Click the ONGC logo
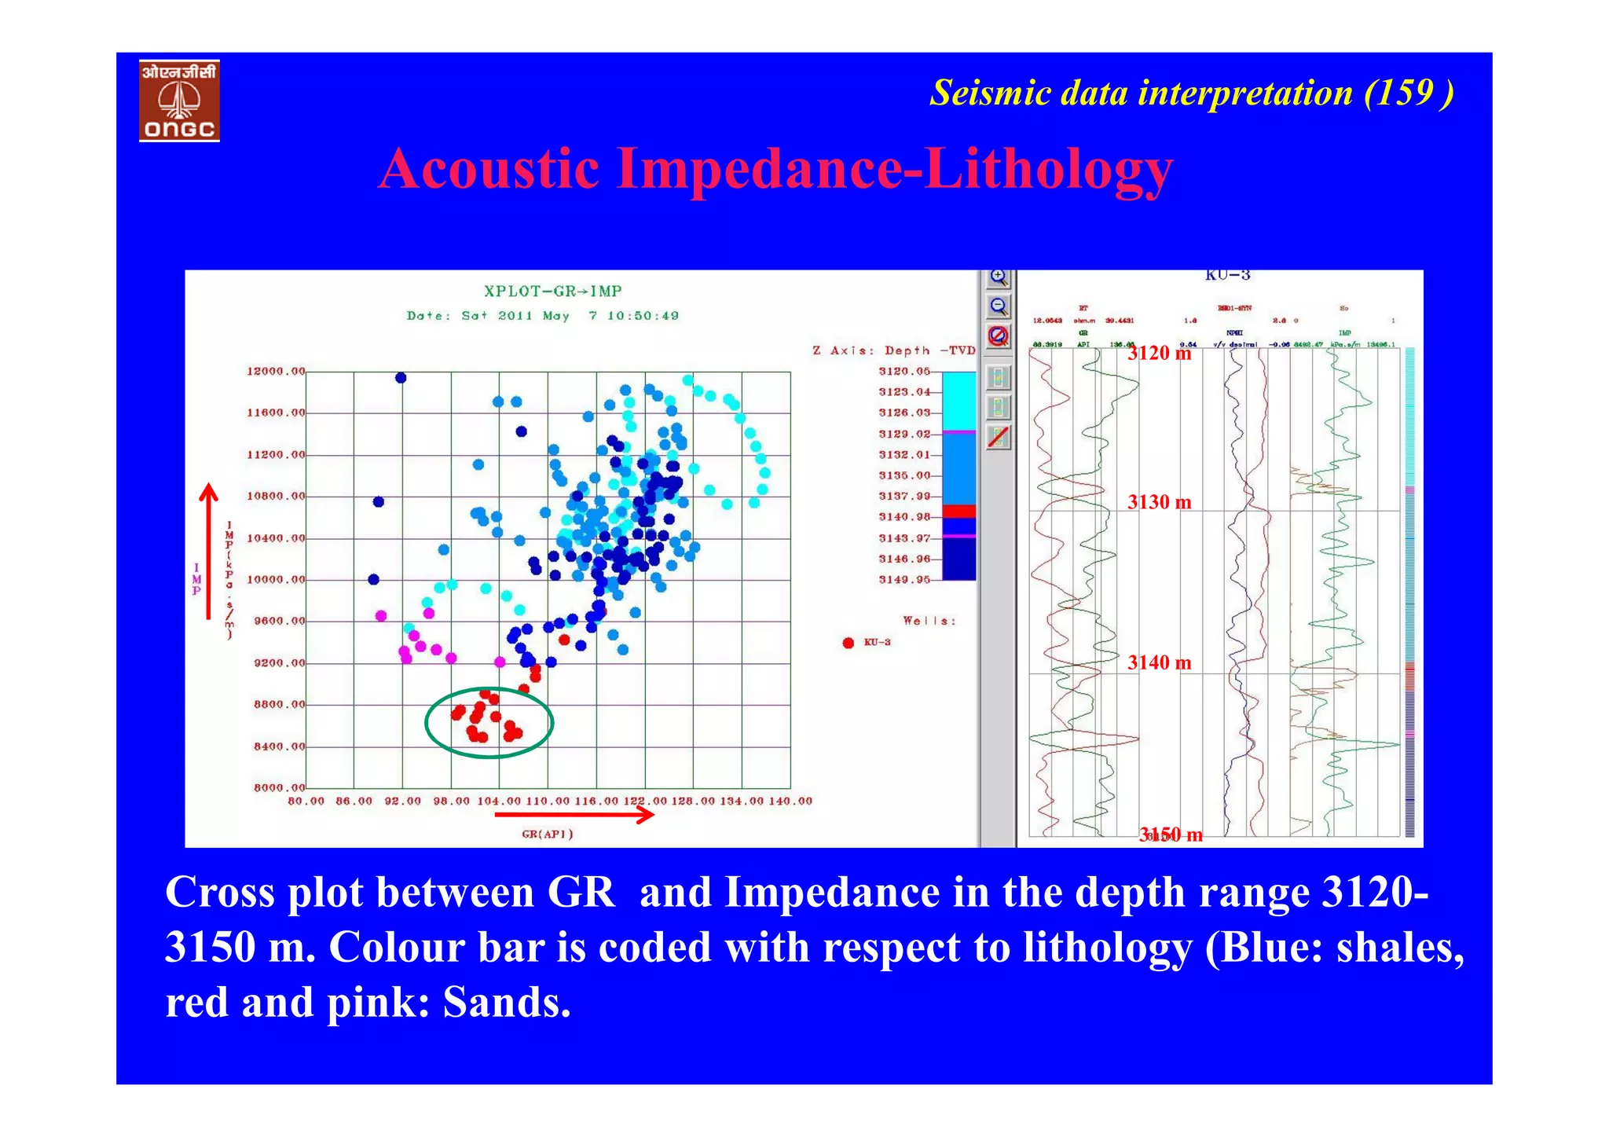179,101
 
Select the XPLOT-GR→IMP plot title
552,292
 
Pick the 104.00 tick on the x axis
499,801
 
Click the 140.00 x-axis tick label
790,801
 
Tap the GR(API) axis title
548,834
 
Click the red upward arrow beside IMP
208,550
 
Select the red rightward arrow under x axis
574,816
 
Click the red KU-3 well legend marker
848,643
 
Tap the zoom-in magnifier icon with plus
998,277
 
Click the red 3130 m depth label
1159,502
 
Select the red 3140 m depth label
1159,663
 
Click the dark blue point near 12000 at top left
401,378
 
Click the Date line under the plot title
542,316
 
